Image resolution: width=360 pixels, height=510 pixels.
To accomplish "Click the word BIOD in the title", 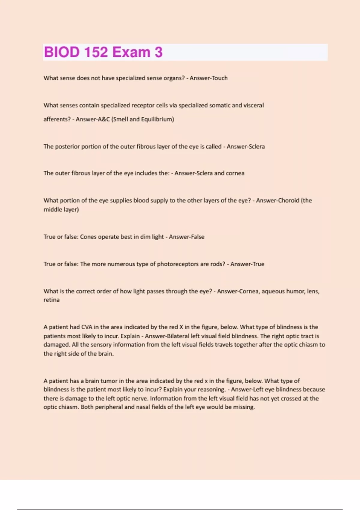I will [x=61, y=52].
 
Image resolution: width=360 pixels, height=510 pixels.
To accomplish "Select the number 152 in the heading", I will [x=96, y=52].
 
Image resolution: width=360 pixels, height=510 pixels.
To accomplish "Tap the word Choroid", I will [x=288, y=200].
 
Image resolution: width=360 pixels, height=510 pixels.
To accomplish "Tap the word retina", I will [x=52, y=300].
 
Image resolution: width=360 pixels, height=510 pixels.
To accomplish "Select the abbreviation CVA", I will [x=87, y=327].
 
